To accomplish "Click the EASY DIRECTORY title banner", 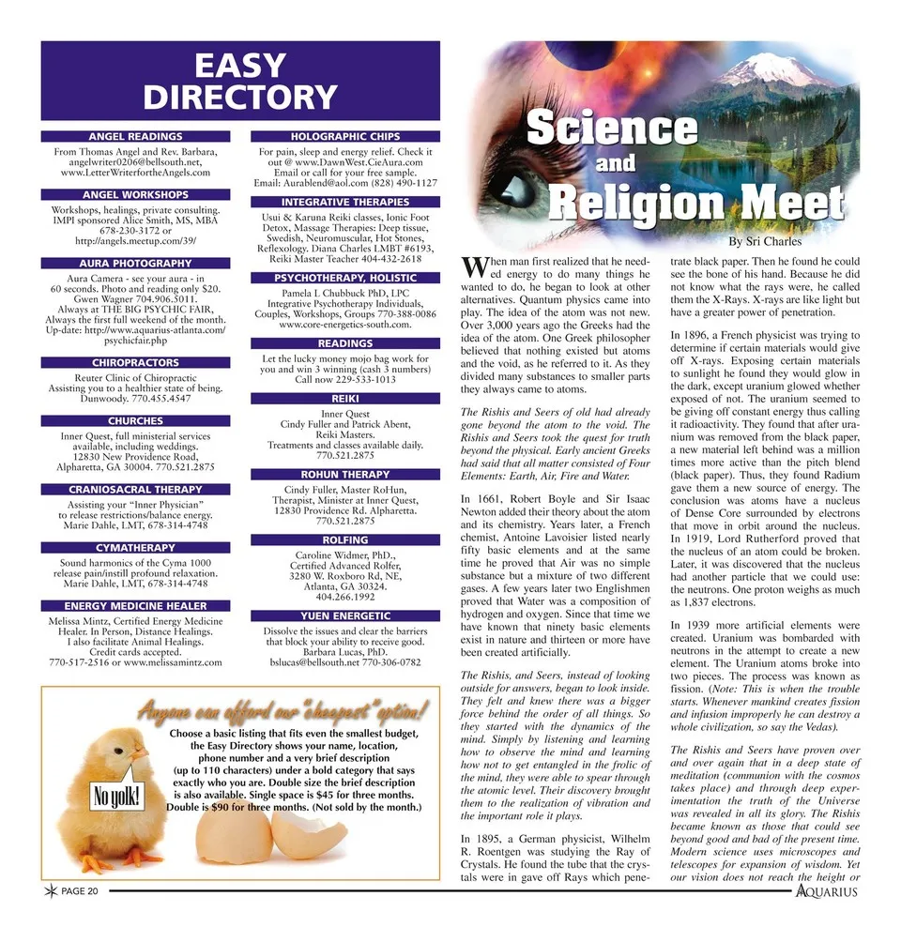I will point(240,81).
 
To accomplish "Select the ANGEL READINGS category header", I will point(135,137).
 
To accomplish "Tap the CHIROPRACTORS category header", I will point(135,362).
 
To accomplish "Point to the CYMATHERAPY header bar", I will point(135,547).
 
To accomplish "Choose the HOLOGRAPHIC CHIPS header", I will point(344,137).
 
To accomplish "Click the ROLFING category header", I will point(344,540).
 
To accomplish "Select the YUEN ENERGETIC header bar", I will point(344,615).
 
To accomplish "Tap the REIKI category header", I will point(344,399).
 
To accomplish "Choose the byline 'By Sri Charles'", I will point(765,242).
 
